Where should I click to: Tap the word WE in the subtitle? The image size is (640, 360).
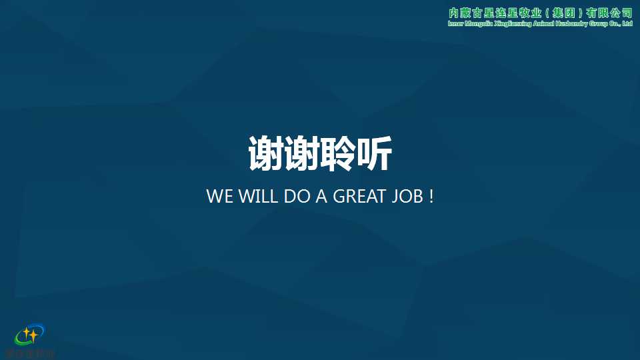(x=219, y=197)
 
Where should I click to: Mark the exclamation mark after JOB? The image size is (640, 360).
(x=431, y=197)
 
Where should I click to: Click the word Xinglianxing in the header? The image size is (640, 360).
(x=513, y=24)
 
